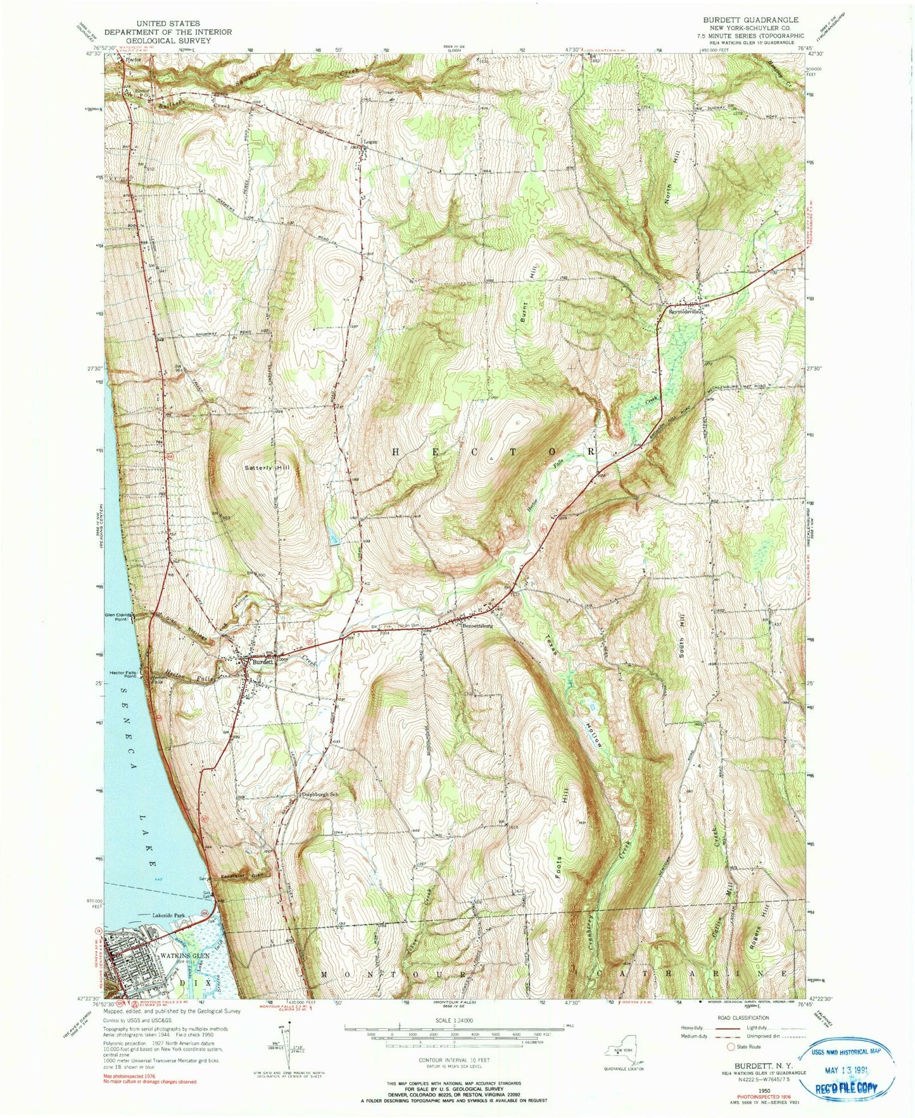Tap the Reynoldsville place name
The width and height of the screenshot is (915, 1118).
click(x=686, y=311)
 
